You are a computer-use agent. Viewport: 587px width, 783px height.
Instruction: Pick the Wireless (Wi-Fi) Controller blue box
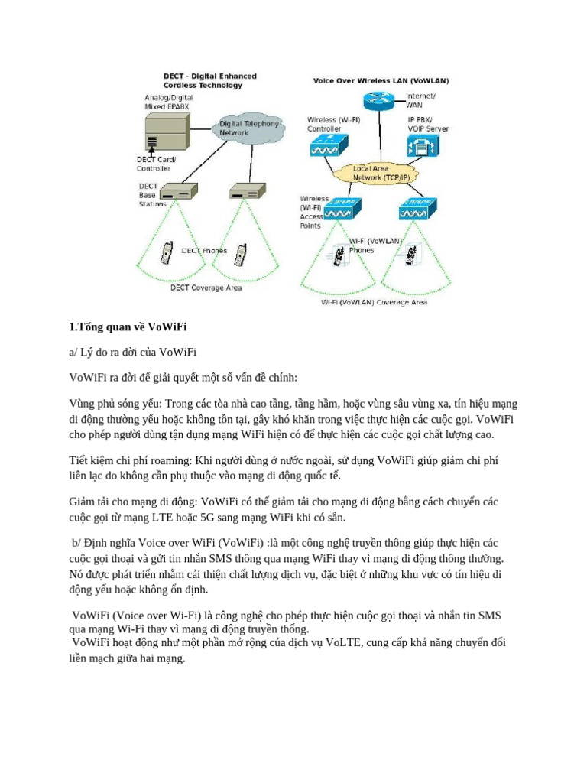click(x=329, y=147)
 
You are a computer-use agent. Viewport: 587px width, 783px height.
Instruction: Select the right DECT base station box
click(x=247, y=193)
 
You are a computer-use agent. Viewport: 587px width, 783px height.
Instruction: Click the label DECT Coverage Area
click(x=206, y=288)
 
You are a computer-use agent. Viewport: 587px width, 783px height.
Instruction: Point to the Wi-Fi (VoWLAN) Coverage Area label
click(x=374, y=302)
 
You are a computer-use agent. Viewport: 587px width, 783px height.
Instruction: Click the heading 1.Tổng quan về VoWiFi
click(x=128, y=327)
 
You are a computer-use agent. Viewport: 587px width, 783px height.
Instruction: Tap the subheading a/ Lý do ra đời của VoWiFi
click(x=133, y=353)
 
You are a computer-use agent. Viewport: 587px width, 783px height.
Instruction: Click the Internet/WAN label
click(x=420, y=100)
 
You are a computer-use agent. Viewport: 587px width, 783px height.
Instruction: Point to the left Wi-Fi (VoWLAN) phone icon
click(x=337, y=256)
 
